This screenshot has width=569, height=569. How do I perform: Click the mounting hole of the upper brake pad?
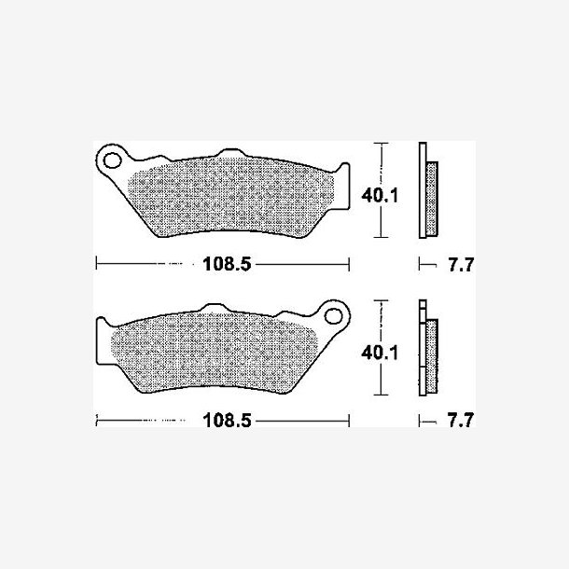pyautogui.click(x=112, y=160)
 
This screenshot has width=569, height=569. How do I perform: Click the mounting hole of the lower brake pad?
pyautogui.click(x=334, y=315)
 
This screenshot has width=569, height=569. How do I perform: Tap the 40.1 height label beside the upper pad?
pyautogui.click(x=380, y=196)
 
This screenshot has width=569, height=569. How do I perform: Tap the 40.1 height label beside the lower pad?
pyautogui.click(x=380, y=353)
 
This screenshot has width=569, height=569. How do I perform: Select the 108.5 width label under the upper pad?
pyautogui.click(x=227, y=264)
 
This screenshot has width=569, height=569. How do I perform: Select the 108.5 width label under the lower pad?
pyautogui.click(x=227, y=421)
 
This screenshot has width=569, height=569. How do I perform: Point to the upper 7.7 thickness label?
pyautogui.click(x=461, y=265)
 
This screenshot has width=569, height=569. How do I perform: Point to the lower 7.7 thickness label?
pyautogui.click(x=461, y=420)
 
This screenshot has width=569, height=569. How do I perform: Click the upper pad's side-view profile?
pyautogui.click(x=428, y=190)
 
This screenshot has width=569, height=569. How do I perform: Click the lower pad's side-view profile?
pyautogui.click(x=428, y=348)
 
